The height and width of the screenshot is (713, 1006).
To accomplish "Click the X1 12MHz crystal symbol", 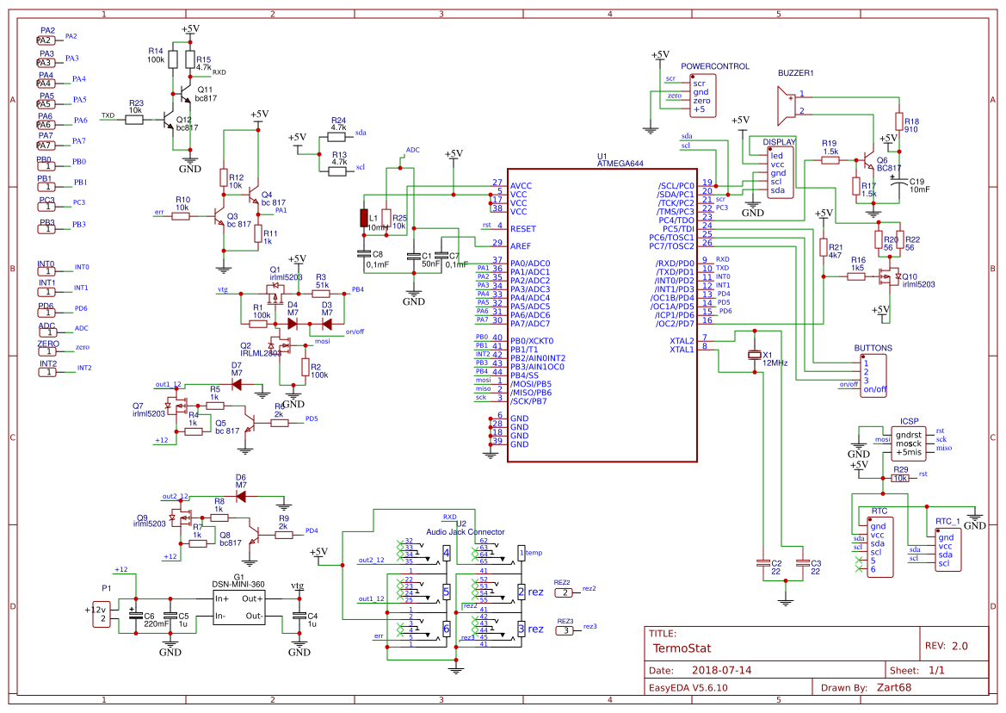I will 755,355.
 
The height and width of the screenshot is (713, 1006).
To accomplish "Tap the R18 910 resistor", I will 899,121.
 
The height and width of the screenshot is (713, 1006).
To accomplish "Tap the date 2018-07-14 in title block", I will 721,670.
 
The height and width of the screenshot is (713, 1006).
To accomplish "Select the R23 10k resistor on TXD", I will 135,120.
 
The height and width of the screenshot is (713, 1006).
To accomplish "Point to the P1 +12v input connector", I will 102,613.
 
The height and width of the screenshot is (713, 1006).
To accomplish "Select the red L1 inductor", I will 364,218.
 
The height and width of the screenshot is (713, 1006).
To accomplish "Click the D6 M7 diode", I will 241,496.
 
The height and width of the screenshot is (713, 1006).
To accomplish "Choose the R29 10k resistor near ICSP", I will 900,478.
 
